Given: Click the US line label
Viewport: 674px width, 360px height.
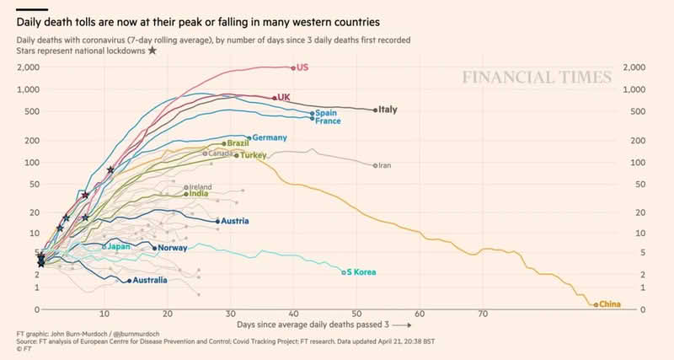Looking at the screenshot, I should (x=303, y=67).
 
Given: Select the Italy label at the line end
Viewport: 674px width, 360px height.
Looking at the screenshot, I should (x=388, y=110).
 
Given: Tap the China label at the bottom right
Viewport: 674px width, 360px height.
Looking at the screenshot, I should (x=611, y=304).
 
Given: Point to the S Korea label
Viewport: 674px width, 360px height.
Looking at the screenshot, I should (x=361, y=272).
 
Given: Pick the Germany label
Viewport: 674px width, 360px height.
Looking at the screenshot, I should (x=270, y=137).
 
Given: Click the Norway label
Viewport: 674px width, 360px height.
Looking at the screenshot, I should (x=172, y=248).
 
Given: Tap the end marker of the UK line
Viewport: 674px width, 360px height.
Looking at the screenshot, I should (x=275, y=98).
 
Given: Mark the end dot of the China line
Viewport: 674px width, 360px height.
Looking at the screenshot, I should (x=596, y=304).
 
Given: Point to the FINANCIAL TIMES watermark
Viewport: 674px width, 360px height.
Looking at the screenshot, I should (x=536, y=78).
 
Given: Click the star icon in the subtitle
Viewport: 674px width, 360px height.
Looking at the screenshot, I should (x=152, y=51).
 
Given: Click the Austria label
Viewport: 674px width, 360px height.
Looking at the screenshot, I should (x=236, y=222).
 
